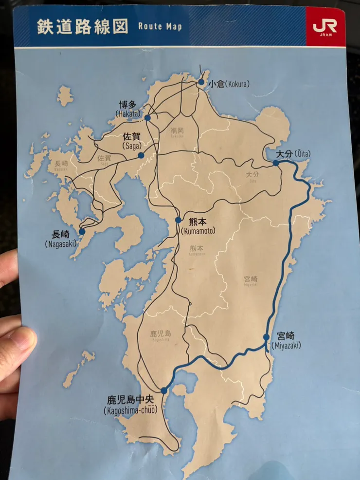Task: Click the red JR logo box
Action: click(x=325, y=27)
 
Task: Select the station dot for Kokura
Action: click(x=201, y=82)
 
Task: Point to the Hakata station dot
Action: click(x=147, y=117)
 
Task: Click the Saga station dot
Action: click(x=141, y=155)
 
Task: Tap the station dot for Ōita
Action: click(x=276, y=163)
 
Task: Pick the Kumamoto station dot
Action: click(x=179, y=220)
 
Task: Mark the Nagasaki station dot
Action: click(x=82, y=231)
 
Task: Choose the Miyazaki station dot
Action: click(x=266, y=337)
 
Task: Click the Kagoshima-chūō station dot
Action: click(x=164, y=390)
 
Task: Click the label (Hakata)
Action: click(x=128, y=113)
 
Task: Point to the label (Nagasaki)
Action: click(x=61, y=243)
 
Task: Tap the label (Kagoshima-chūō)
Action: click(x=130, y=411)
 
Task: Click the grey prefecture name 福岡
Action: click(x=177, y=130)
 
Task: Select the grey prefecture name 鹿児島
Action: click(x=161, y=333)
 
